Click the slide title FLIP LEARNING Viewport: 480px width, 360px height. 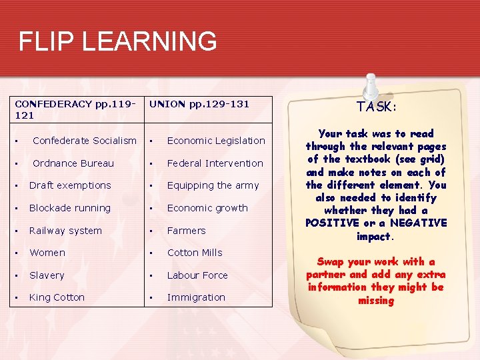tap(117, 41)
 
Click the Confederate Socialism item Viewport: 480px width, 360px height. tap(84, 141)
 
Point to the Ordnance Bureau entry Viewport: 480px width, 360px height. tap(73, 163)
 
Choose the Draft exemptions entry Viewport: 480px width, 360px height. tap(70, 185)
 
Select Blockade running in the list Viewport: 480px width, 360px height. tap(70, 208)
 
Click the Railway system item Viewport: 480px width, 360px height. tap(65, 231)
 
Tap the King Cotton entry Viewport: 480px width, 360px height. tap(57, 297)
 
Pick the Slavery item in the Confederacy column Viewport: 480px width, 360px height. tap(47, 275)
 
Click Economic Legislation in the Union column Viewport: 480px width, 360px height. tap(216, 141)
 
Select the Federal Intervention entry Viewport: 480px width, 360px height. tap(215, 163)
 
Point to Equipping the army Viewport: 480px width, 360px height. tap(213, 185)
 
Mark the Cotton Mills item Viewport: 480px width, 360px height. tap(195, 253)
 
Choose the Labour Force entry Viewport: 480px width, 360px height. tap(197, 275)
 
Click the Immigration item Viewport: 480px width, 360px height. tap(196, 297)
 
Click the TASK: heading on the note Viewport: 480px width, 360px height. tap(377, 107)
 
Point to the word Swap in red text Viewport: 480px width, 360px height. tap(331, 262)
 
